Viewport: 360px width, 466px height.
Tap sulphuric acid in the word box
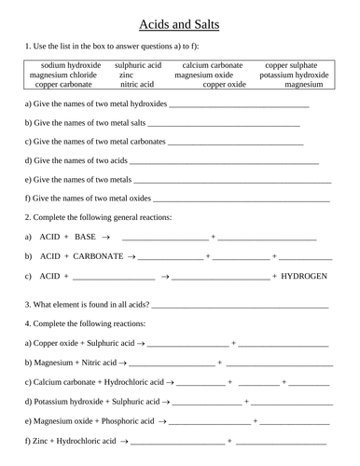coord(138,65)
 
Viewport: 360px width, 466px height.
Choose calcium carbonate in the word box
coord(213,65)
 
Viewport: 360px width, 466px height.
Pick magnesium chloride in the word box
coord(65,75)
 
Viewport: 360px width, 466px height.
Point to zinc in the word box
coord(138,75)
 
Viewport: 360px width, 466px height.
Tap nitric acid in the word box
coord(138,84)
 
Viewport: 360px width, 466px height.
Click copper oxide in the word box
coord(224,84)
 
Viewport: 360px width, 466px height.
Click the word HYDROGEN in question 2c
coord(304,276)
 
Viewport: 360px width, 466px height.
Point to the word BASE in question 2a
coord(85,237)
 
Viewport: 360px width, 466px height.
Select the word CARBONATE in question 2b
coord(97,255)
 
